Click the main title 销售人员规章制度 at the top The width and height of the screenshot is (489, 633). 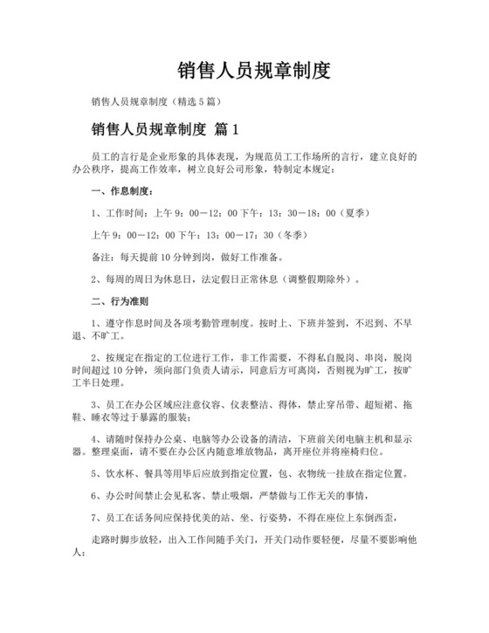coord(244,70)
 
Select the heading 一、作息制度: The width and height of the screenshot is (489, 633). coord(121,189)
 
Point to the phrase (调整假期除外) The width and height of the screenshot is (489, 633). coord(320,280)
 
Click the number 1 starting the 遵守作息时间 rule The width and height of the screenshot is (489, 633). coord(94,325)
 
